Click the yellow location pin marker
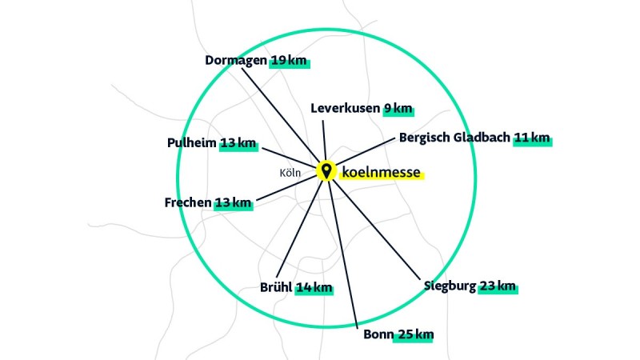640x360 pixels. click(x=326, y=170)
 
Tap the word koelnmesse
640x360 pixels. click(x=380, y=171)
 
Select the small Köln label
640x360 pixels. click(x=290, y=173)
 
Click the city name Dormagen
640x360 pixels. click(x=236, y=60)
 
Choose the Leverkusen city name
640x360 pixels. click(x=346, y=108)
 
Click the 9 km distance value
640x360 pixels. click(x=398, y=108)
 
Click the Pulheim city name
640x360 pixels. click(x=191, y=143)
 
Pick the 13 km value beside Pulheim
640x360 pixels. click(x=238, y=143)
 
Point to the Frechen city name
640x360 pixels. click(x=188, y=202)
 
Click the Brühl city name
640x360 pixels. click(x=276, y=288)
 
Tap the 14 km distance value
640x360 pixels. click(x=313, y=288)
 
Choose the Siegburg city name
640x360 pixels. click(x=450, y=286)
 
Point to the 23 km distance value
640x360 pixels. click(x=498, y=286)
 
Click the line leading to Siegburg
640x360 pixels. click(x=376, y=229)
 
